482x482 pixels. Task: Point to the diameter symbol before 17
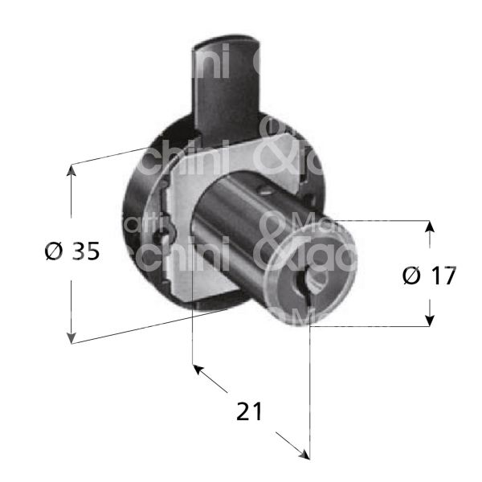coord(411,276)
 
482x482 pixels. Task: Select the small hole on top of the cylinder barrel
coord(261,191)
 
